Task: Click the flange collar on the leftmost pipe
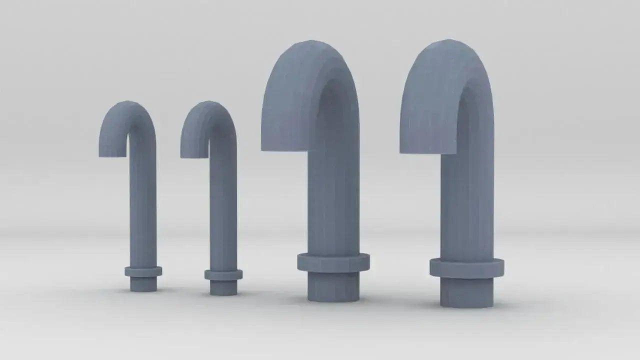pos(143,271)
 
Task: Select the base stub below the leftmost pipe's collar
pos(143,284)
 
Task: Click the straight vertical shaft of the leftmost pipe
pos(143,210)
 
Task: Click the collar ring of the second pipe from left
pos(223,274)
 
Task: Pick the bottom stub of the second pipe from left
pos(223,287)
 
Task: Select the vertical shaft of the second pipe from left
pos(223,210)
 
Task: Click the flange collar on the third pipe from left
pos(333,262)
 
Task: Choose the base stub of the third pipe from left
pos(333,287)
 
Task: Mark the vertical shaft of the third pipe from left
pos(333,200)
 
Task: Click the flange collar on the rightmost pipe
pos(466,268)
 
